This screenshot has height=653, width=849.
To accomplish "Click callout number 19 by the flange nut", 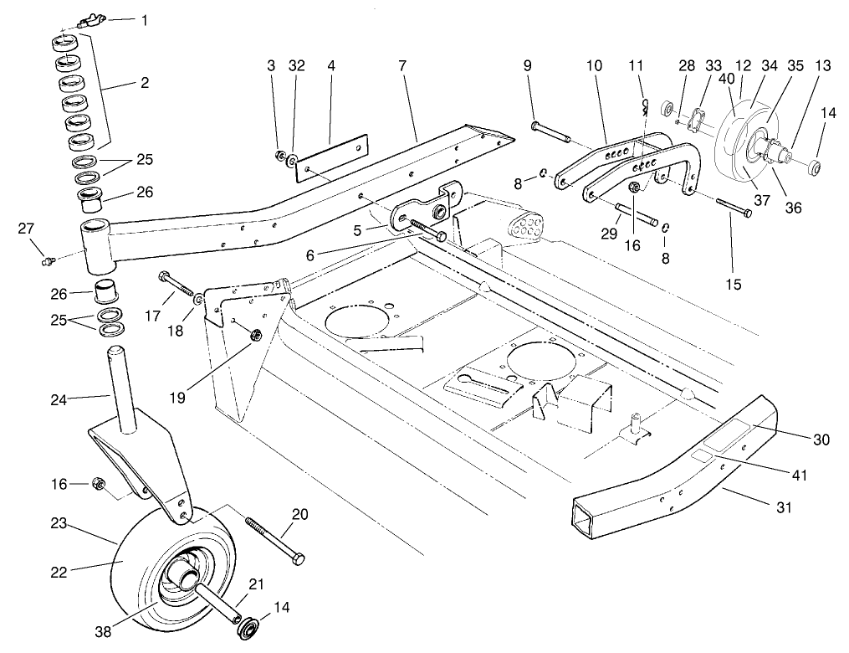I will (x=182, y=388).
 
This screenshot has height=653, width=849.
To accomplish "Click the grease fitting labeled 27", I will (x=49, y=262).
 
